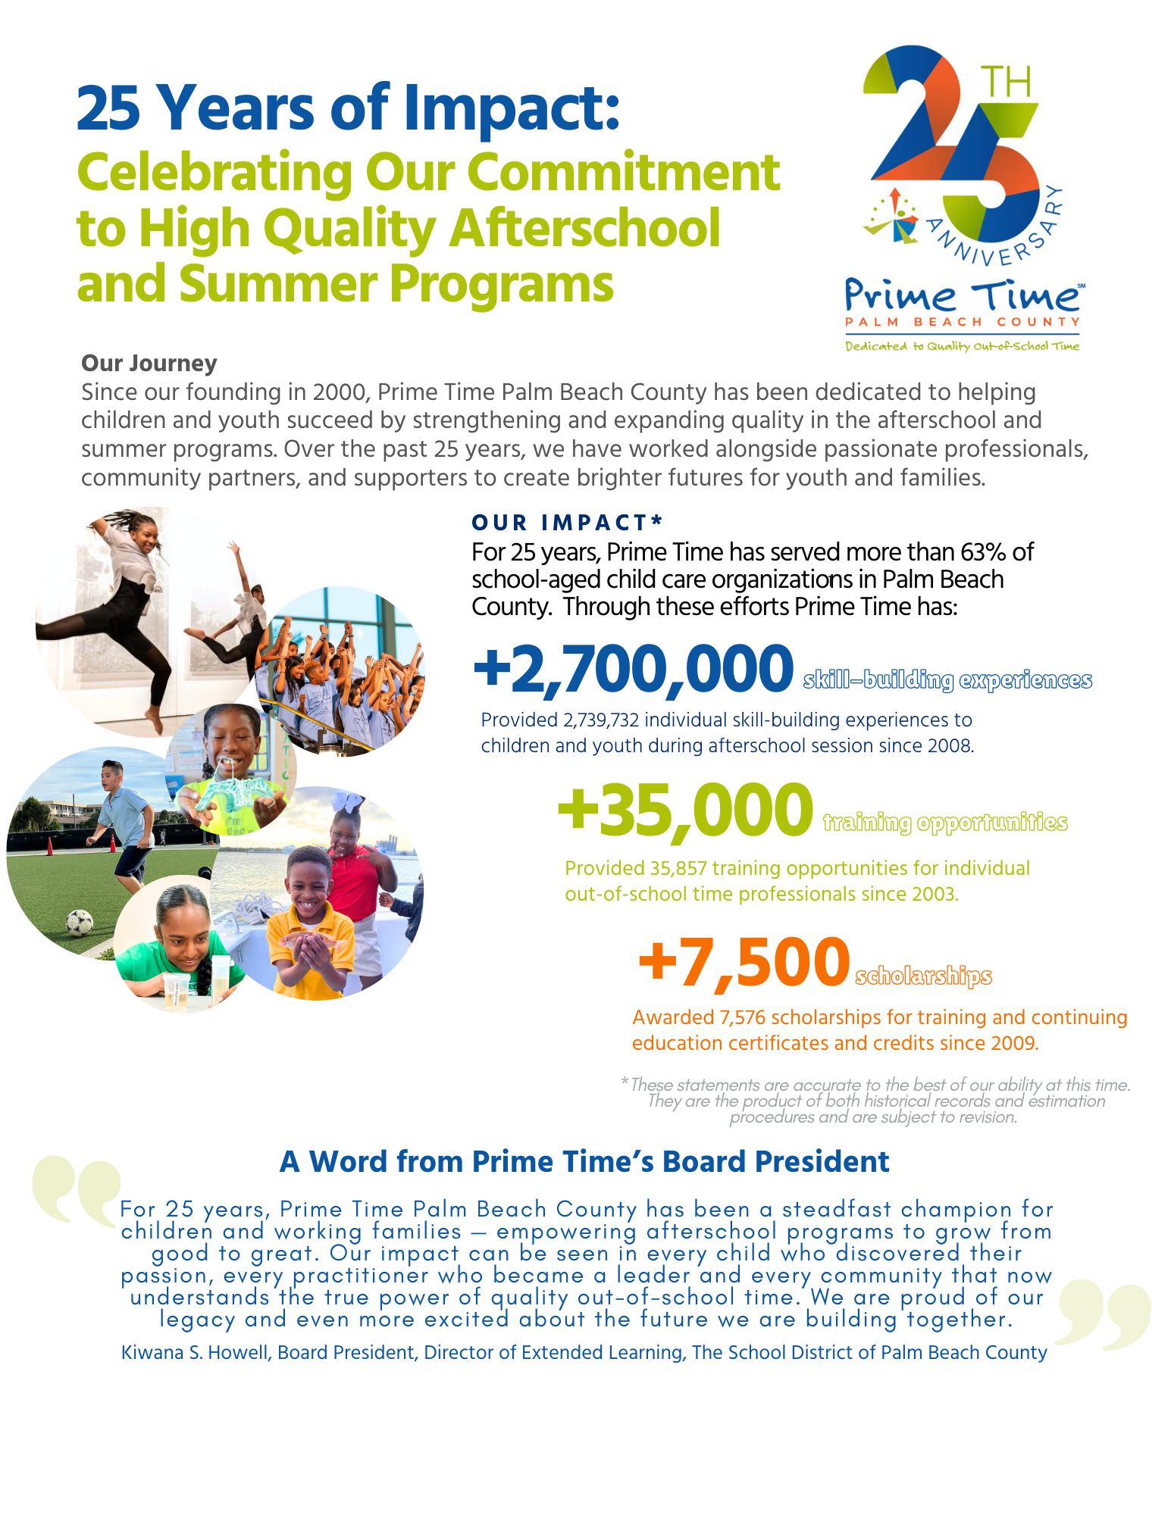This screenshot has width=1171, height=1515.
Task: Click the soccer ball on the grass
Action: (x=79, y=923)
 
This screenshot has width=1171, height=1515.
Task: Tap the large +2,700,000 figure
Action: (x=634, y=669)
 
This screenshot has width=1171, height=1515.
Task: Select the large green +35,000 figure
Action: (x=685, y=811)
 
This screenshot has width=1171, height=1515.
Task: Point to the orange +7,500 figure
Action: (x=744, y=962)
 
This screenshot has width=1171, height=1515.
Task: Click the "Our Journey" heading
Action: (x=149, y=364)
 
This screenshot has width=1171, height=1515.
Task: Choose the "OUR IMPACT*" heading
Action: (x=567, y=523)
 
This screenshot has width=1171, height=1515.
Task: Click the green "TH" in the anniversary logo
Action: (x=1006, y=83)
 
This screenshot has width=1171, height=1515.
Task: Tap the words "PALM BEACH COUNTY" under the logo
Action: (x=963, y=322)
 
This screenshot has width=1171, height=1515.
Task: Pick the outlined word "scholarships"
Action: (x=923, y=976)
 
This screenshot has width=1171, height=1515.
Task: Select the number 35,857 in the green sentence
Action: (x=678, y=868)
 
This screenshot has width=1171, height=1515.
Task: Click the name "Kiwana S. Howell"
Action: (x=196, y=1352)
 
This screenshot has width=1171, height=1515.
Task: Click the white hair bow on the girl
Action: (x=353, y=802)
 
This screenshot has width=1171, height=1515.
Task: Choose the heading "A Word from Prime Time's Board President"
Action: (x=584, y=1162)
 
